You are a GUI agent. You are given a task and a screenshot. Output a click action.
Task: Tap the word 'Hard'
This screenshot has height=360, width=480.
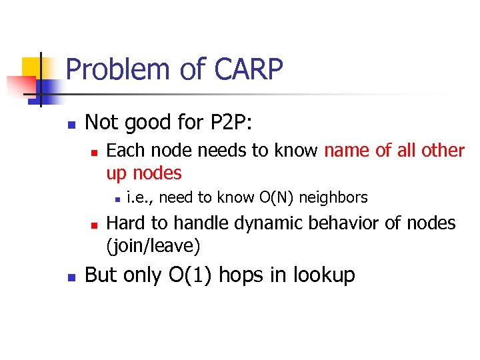coord(125,223)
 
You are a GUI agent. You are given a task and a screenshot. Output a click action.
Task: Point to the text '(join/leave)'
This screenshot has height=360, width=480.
coord(153,245)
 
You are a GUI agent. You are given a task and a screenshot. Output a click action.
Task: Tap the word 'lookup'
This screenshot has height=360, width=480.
coord(323,275)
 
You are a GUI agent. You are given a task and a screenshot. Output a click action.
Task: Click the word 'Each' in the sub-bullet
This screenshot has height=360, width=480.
coord(125,151)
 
